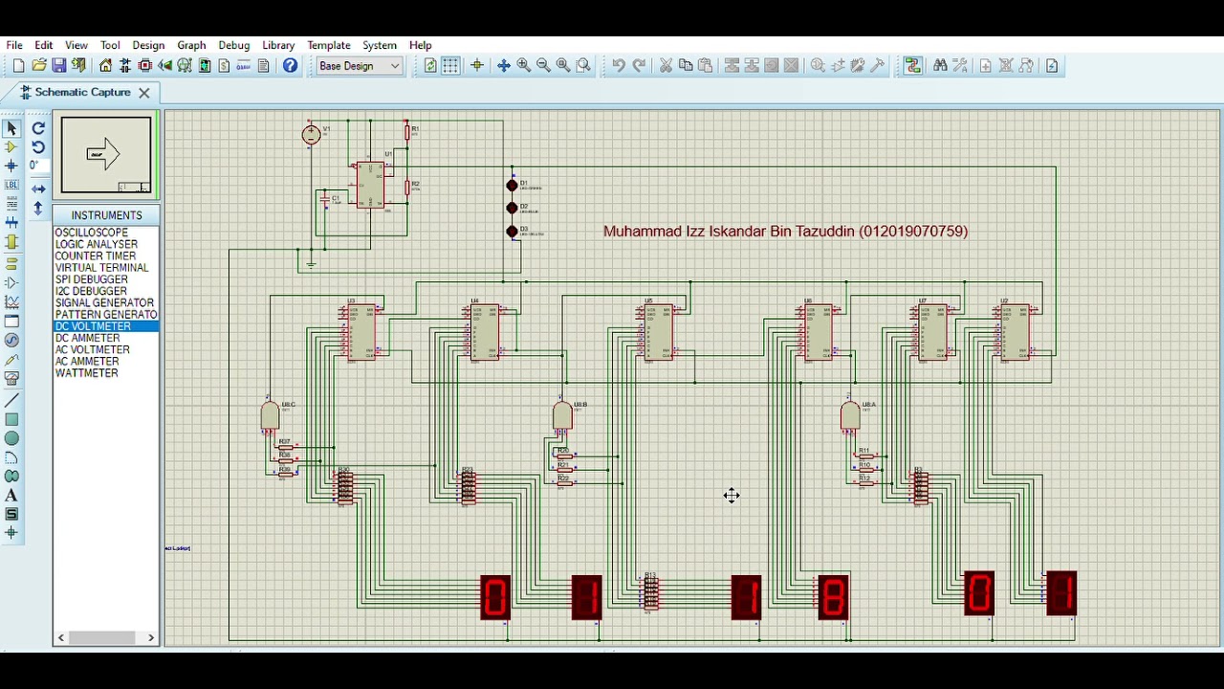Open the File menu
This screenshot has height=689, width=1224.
14,45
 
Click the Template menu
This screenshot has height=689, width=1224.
328,45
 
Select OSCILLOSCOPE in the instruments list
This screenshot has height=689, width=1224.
91,233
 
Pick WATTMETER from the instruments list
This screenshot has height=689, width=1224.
86,373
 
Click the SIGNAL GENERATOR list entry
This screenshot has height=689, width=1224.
104,302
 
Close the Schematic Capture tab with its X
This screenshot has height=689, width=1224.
143,93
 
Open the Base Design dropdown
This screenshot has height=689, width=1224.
360,66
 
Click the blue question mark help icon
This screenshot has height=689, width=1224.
290,66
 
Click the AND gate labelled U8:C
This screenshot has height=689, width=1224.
270,416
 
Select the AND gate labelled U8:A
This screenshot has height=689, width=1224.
849,416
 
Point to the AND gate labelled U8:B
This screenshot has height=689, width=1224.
562,415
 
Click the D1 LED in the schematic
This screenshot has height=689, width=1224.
512,186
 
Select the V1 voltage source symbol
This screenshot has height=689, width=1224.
311,135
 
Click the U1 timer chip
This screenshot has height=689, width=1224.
370,185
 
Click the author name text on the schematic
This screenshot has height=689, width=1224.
785,231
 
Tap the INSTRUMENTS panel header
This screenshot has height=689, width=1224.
106,215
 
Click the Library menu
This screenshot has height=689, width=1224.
278,45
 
